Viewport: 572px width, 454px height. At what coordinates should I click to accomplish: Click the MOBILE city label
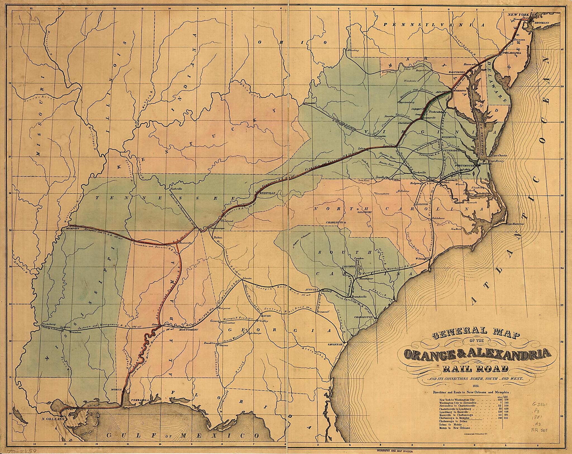(x=117, y=390)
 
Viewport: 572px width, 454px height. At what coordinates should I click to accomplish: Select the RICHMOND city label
(x=449, y=137)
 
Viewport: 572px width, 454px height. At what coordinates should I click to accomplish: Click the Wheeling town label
(x=353, y=51)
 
